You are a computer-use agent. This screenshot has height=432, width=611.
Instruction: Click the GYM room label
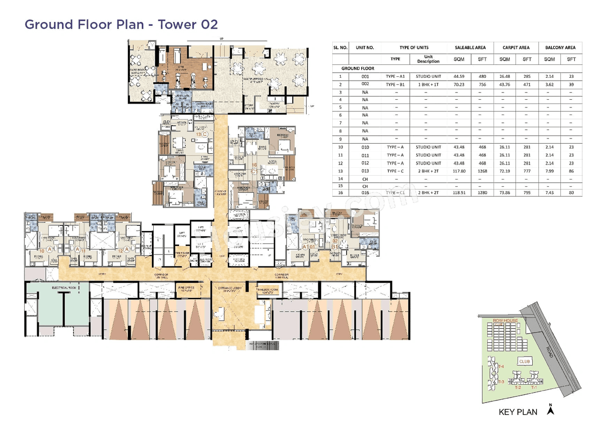point(180,67)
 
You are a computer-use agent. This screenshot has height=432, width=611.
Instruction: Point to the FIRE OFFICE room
point(186,288)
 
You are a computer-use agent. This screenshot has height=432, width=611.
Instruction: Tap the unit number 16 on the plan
point(254,165)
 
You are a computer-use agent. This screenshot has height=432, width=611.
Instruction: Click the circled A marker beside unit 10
point(49,249)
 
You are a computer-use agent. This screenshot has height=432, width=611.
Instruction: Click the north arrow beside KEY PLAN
point(550,409)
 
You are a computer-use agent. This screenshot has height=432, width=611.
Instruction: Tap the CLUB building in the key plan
point(525,361)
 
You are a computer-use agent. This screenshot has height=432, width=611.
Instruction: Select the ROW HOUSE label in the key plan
point(504,320)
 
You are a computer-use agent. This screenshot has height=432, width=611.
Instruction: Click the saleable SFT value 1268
point(482,171)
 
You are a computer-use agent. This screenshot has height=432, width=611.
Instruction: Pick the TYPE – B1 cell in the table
point(395,84)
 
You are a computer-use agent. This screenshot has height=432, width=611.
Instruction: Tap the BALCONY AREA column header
point(560,48)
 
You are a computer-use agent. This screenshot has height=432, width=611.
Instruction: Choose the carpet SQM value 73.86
point(505,193)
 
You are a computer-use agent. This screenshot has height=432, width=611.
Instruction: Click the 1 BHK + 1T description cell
point(428,84)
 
